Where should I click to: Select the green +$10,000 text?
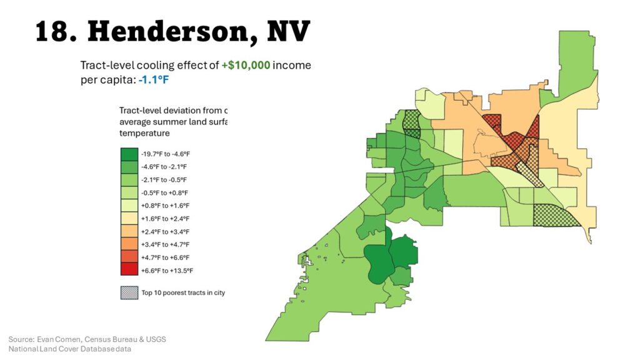[x=246, y=65]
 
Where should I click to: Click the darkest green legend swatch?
[x=128, y=154]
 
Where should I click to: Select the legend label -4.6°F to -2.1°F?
[x=164, y=167]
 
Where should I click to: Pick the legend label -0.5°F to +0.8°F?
[x=164, y=192]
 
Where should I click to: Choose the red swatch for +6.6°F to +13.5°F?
[x=128, y=270]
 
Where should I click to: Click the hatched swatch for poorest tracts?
[x=128, y=292]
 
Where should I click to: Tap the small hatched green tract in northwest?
[x=412, y=122]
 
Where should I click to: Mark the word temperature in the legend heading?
[x=144, y=133]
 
